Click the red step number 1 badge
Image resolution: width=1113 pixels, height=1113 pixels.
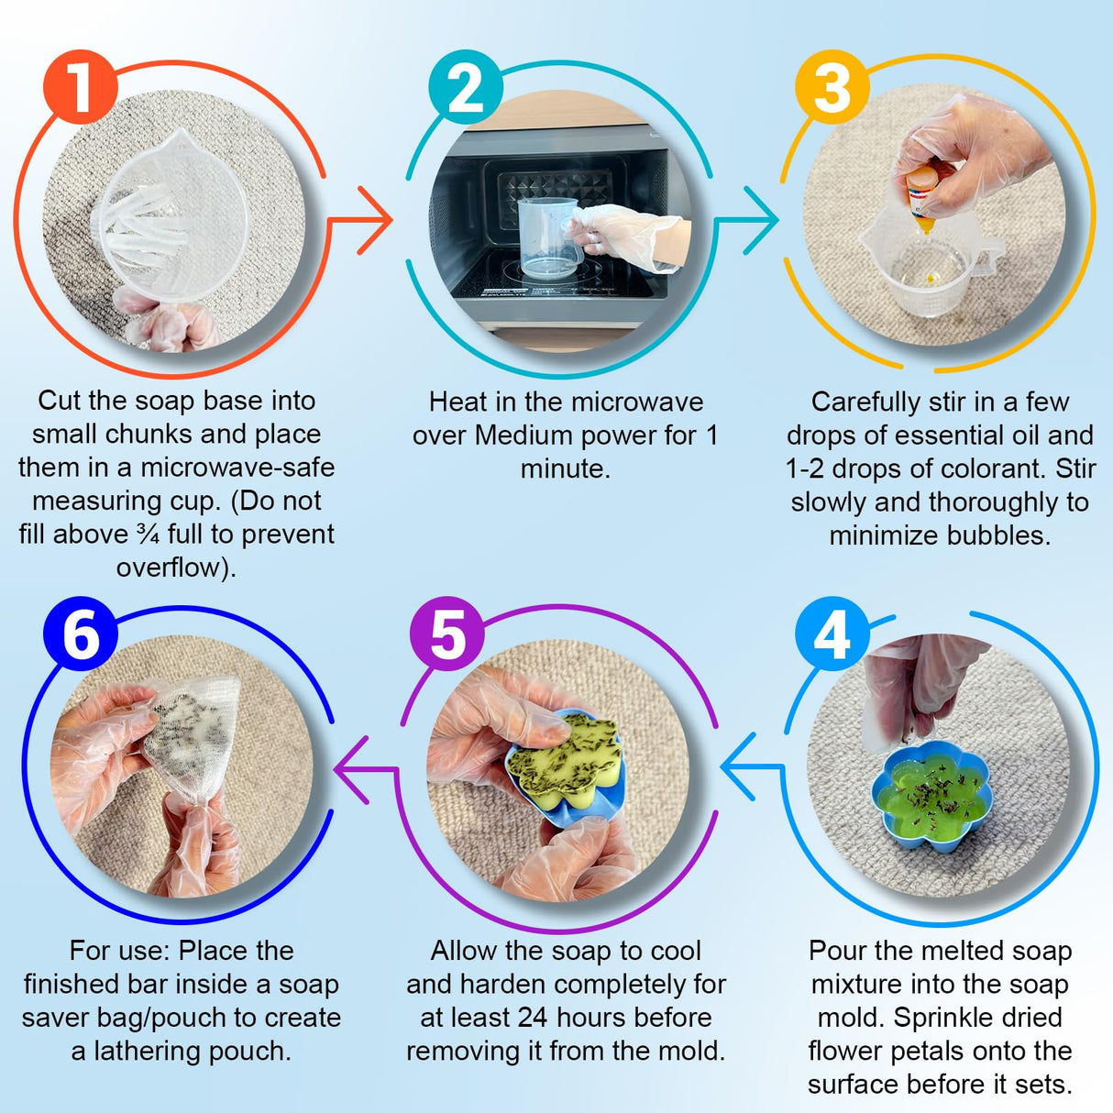(x=81, y=87)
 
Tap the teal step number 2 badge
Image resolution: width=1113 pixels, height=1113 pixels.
(x=466, y=87)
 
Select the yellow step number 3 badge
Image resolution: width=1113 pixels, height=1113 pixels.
(x=832, y=87)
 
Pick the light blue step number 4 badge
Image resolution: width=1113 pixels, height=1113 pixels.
(x=832, y=634)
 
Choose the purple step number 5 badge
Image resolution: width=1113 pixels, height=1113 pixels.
(x=447, y=634)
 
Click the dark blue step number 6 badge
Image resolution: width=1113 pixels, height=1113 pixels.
(x=81, y=634)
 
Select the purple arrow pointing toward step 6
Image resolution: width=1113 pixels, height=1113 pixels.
(x=366, y=769)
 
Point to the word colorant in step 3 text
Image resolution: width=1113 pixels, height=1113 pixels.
(x=988, y=468)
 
